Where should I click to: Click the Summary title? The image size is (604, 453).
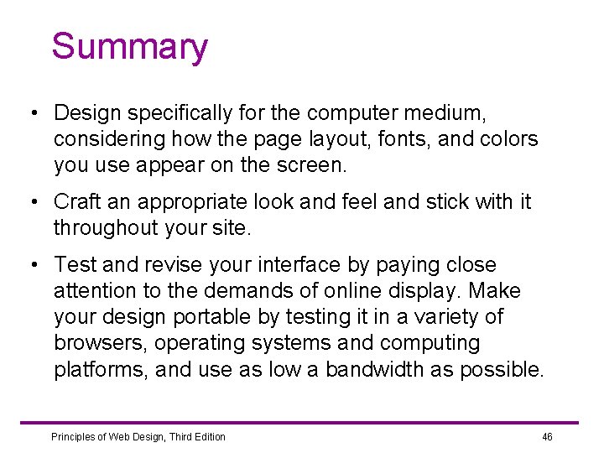pyautogui.click(x=129, y=47)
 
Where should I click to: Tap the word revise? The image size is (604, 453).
pyautogui.click(x=166, y=264)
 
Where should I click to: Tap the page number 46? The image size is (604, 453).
pyautogui.click(x=547, y=436)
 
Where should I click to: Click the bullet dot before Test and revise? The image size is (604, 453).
pyautogui.click(x=31, y=265)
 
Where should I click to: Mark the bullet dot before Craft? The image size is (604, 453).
pyautogui.click(x=31, y=202)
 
